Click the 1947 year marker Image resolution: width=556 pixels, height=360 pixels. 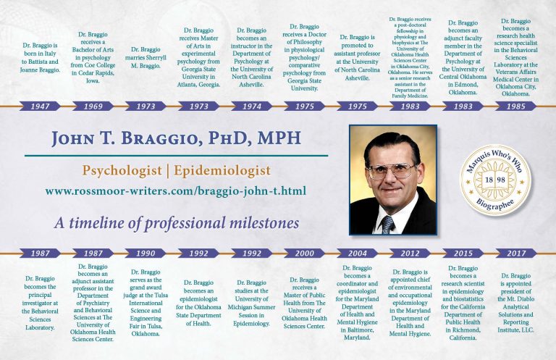tap(40, 106)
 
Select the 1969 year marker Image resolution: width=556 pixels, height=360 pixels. tap(93, 106)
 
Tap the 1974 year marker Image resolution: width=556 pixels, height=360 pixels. tap(252, 106)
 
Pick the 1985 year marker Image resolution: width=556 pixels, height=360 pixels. tap(516, 106)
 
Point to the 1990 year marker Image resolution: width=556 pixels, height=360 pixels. tap(146, 253)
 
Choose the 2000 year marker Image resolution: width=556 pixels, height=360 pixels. tap(305, 253)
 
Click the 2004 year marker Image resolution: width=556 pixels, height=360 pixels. tap(358, 253)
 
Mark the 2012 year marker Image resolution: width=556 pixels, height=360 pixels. tap(410, 253)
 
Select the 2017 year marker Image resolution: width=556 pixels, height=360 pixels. tap(516, 253)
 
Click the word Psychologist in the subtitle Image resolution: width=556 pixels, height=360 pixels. tap(122, 171)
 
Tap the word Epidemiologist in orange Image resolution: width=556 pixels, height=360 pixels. tap(222, 171)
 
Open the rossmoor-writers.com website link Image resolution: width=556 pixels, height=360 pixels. tap(175, 191)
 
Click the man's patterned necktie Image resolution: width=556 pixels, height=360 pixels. tap(387, 225)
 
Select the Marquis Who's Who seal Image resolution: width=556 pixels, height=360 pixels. tap(495, 180)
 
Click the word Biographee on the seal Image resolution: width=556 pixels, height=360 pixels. tap(495, 205)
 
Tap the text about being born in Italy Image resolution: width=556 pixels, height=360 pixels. tap(40, 57)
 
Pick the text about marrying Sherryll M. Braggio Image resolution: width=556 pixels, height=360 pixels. tap(146, 57)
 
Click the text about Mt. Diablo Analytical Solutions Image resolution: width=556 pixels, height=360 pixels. tap(515, 303)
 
